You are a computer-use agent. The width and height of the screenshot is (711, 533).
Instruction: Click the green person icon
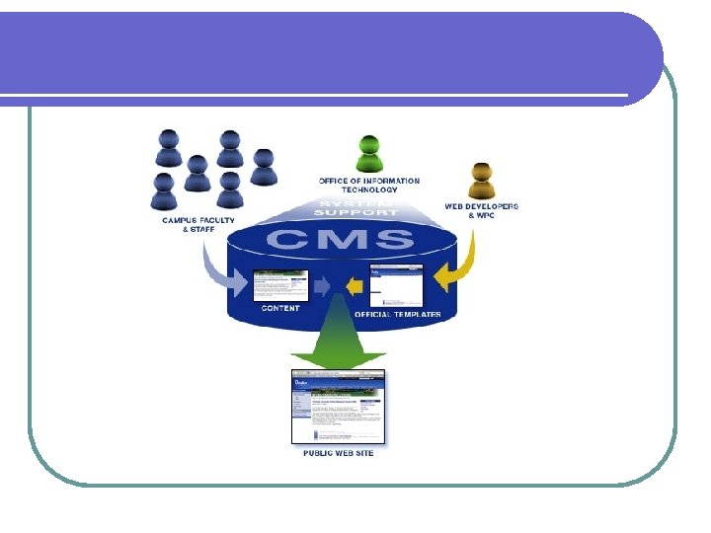click(x=369, y=156)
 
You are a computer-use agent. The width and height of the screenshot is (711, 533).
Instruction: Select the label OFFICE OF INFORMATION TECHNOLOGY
click(x=368, y=185)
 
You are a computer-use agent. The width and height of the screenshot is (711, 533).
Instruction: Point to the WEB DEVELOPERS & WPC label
click(x=481, y=210)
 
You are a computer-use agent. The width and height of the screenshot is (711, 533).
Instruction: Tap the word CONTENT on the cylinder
click(x=280, y=308)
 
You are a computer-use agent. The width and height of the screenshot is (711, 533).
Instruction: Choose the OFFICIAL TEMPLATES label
click(x=398, y=314)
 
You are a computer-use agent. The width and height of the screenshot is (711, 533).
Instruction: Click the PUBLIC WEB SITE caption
click(x=338, y=453)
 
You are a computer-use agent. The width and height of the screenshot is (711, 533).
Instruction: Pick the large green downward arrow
click(x=339, y=342)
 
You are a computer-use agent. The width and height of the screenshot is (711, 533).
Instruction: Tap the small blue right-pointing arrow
click(x=324, y=286)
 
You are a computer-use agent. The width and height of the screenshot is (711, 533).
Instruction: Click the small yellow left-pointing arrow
click(x=355, y=287)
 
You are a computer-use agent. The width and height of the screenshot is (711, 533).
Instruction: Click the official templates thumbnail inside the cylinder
click(x=396, y=286)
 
